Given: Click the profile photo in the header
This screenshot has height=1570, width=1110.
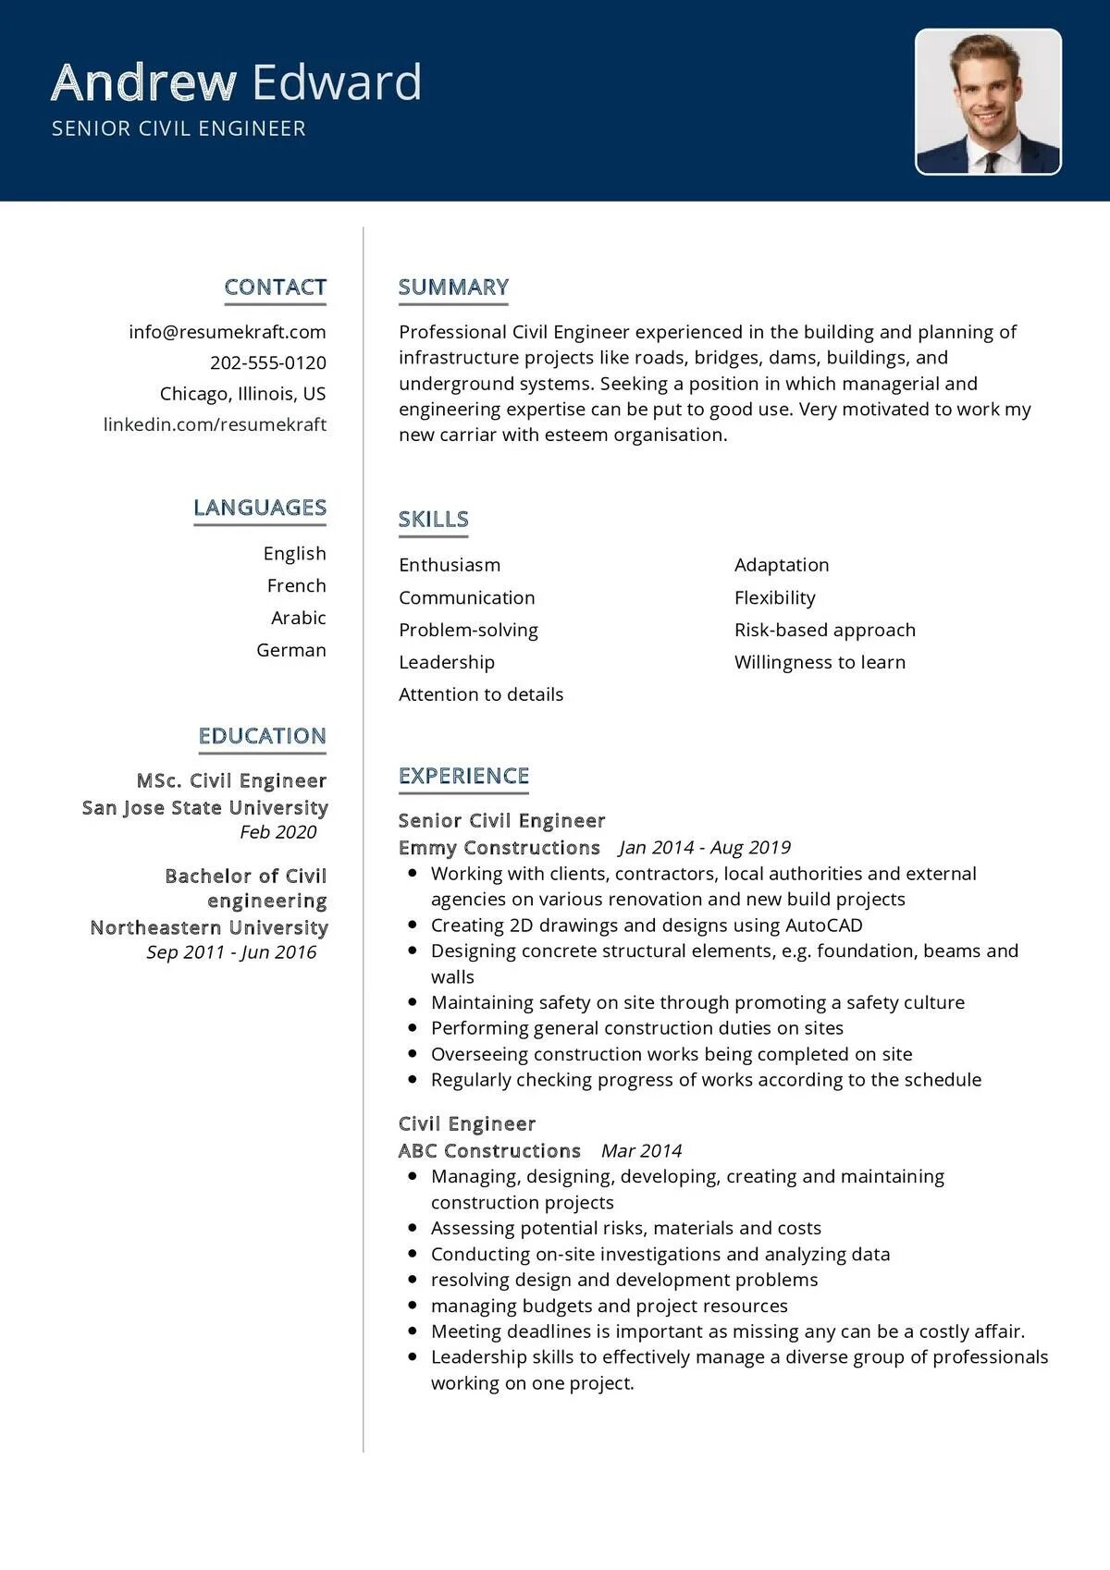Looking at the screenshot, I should (x=988, y=102).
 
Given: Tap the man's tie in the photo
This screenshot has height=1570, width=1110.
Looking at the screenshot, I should (x=992, y=163).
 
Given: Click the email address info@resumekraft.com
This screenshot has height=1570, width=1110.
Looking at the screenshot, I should (x=228, y=332).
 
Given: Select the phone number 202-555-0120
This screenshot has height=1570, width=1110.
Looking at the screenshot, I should (x=267, y=362).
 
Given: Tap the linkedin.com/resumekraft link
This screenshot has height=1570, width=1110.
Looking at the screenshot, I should (x=215, y=424).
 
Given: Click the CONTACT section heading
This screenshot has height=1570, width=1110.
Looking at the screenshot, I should (x=275, y=288).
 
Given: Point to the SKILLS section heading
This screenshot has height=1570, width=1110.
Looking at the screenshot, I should (x=433, y=520).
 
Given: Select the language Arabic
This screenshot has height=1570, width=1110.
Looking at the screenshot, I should (x=298, y=618).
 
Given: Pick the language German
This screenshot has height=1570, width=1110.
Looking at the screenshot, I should (x=290, y=650).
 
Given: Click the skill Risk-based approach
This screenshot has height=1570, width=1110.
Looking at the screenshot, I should (x=824, y=630).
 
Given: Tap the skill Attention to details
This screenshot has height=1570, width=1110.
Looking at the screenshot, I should (x=480, y=694).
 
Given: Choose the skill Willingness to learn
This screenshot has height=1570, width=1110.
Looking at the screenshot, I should (x=820, y=662).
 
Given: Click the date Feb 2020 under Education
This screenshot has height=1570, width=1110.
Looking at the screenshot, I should (x=277, y=832).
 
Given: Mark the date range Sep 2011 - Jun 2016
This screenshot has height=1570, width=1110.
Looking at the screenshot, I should (x=231, y=952).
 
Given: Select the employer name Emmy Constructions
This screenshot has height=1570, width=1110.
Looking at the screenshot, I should (x=499, y=848).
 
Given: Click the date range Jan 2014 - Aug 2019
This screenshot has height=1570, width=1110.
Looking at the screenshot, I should (x=705, y=848).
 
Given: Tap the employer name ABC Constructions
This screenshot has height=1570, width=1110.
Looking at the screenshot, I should (x=488, y=1151).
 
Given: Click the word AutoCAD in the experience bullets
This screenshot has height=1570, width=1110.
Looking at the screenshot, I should (x=823, y=926).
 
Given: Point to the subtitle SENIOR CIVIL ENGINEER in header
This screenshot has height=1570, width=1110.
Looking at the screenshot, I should (x=179, y=129).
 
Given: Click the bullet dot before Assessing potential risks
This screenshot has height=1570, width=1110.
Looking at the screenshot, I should (x=412, y=1229).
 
